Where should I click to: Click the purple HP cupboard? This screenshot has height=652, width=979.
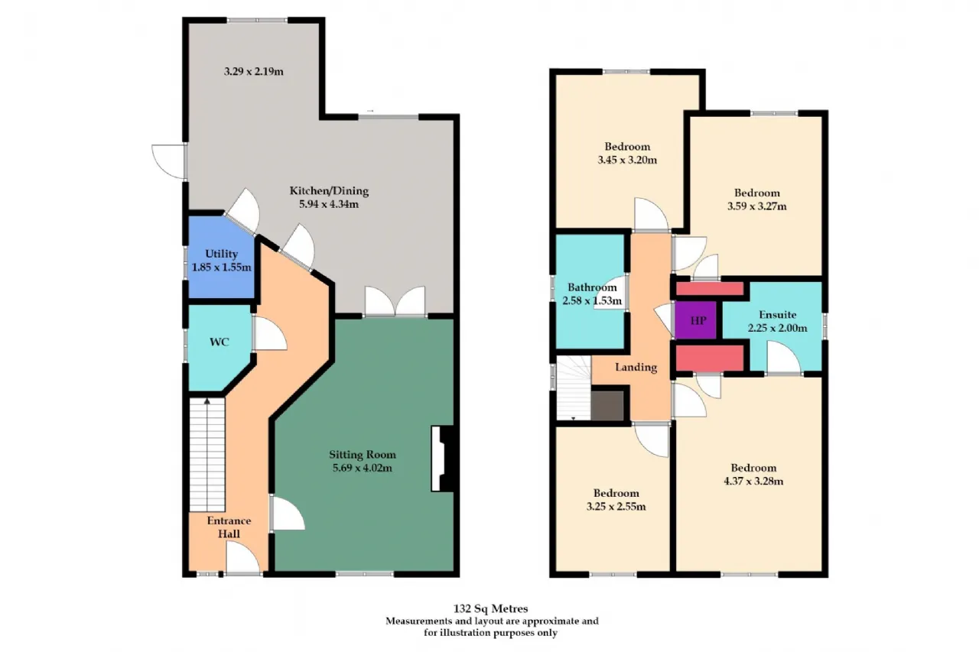(696, 320)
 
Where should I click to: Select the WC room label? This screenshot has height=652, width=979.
(220, 342)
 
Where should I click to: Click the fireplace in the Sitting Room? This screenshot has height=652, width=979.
(443, 459)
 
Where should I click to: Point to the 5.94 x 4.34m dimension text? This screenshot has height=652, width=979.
(329, 204)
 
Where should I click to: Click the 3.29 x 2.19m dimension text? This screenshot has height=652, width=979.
(253, 71)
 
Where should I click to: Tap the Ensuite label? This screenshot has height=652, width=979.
(778, 314)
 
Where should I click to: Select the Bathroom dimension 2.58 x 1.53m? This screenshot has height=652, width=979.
(592, 300)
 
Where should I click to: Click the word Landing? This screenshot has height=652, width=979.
(636, 367)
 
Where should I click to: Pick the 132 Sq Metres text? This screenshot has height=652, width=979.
(490, 608)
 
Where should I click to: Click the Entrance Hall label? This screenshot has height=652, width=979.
(229, 527)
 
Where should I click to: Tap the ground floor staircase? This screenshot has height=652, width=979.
(207, 455)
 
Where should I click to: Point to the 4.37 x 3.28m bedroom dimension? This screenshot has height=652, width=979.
(753, 482)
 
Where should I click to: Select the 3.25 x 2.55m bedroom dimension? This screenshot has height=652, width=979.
(616, 507)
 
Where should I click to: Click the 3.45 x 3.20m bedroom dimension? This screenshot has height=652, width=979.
(627, 160)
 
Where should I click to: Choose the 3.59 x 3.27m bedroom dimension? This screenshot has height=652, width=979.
(757, 206)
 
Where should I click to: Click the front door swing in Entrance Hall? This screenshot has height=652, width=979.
(242, 558)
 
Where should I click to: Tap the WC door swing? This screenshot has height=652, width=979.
(269, 333)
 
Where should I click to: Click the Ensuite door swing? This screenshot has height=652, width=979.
(784, 357)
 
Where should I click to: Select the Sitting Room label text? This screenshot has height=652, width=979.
(363, 455)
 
